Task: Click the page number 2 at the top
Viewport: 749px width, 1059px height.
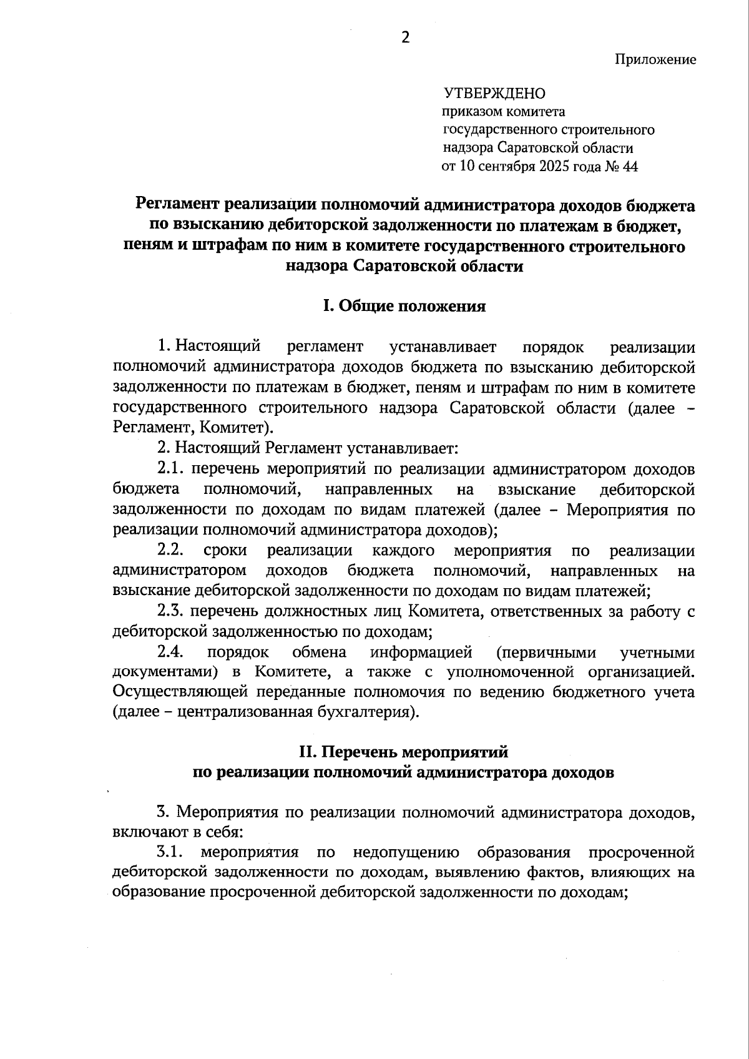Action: click(406, 37)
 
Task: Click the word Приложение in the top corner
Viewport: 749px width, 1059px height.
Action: click(655, 59)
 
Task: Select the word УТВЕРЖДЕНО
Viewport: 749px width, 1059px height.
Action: click(494, 94)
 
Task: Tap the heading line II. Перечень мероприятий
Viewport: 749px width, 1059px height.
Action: click(404, 752)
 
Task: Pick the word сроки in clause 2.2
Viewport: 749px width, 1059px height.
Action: click(225, 551)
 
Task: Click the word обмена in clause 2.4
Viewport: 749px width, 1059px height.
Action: click(319, 653)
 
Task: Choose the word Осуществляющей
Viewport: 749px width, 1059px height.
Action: click(170, 692)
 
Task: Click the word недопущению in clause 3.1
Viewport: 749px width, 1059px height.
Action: click(406, 852)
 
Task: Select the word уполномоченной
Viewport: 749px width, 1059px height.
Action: click(510, 672)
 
